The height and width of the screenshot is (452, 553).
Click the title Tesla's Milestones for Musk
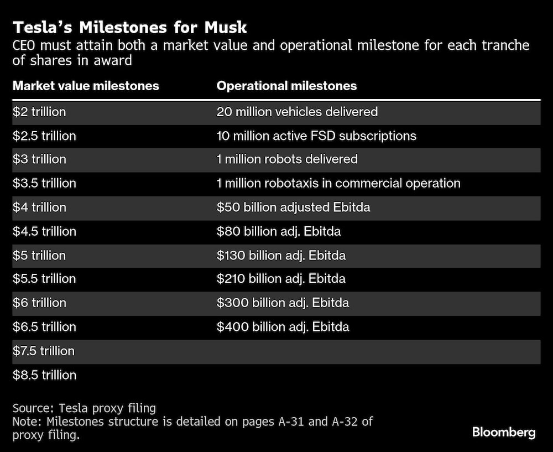(x=129, y=27)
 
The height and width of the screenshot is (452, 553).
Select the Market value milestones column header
(x=86, y=86)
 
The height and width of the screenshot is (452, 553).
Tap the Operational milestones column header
(x=286, y=86)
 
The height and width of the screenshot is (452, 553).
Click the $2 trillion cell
(x=39, y=112)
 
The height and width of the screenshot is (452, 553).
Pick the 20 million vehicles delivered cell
(x=297, y=112)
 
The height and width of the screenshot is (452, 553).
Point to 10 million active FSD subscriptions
(x=316, y=136)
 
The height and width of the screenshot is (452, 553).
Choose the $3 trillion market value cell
(x=39, y=159)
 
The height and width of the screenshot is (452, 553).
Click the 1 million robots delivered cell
(x=287, y=159)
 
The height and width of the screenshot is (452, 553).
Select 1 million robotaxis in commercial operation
(x=338, y=183)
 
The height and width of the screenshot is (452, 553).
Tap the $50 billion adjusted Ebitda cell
(x=293, y=207)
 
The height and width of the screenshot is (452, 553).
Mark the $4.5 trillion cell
(x=44, y=231)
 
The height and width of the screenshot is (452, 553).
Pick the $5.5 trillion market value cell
(x=44, y=279)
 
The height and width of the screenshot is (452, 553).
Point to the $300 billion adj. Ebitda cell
(x=283, y=303)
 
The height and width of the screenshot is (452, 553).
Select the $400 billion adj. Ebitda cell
(x=283, y=327)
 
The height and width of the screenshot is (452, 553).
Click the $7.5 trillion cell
(x=44, y=351)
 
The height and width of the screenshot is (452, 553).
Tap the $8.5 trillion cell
(x=44, y=375)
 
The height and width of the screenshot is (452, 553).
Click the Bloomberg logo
(x=503, y=432)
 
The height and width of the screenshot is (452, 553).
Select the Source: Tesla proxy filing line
(x=84, y=409)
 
